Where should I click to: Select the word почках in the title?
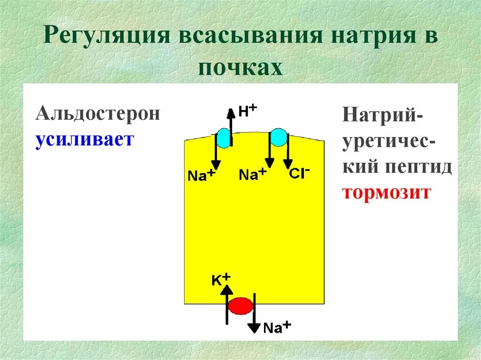[240, 68]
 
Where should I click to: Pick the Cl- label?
[299, 173]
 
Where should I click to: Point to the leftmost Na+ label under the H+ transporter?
[201, 176]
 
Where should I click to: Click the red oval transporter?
[240, 306]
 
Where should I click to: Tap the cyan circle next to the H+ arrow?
[223, 139]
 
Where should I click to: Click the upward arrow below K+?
[227, 305]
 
